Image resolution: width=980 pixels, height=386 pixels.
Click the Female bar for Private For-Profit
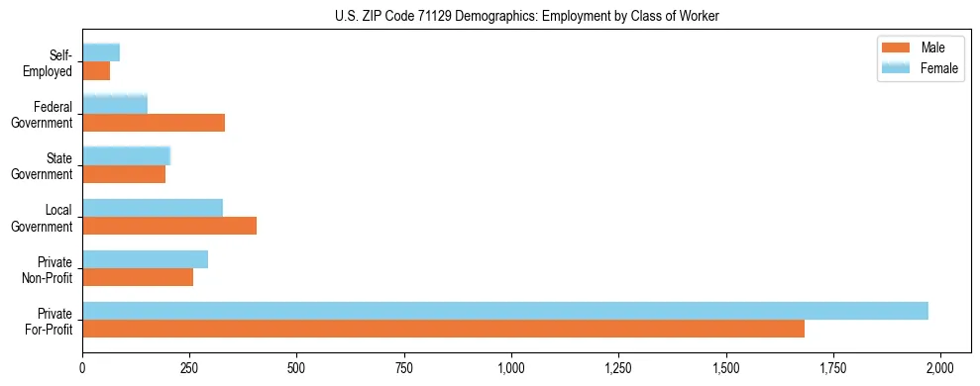pyautogui.click(x=505, y=311)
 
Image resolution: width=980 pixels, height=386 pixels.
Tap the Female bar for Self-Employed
pyautogui.click(x=101, y=52)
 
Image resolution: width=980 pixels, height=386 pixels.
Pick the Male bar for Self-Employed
pyautogui.click(x=96, y=71)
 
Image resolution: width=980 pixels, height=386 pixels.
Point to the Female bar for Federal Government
pyautogui.click(x=115, y=104)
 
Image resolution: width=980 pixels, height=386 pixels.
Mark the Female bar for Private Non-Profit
pyautogui.click(x=145, y=259)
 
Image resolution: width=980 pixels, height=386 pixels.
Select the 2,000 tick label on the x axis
pyautogui.click(x=940, y=367)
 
